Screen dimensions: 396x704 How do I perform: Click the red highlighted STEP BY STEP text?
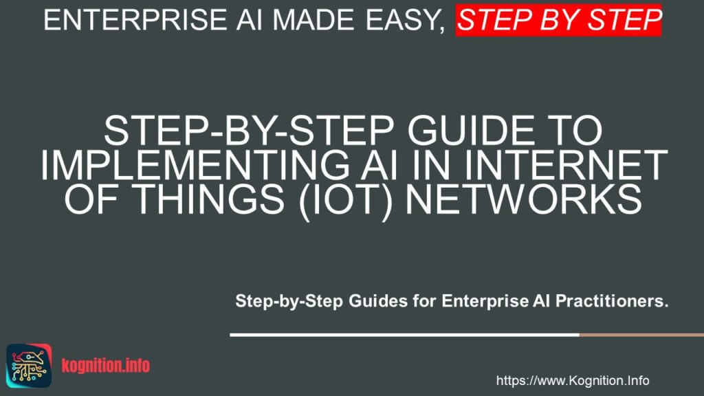(x=558, y=19)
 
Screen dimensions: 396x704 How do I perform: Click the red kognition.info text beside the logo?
(x=105, y=366)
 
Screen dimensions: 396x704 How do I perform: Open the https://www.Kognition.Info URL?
(x=572, y=380)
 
